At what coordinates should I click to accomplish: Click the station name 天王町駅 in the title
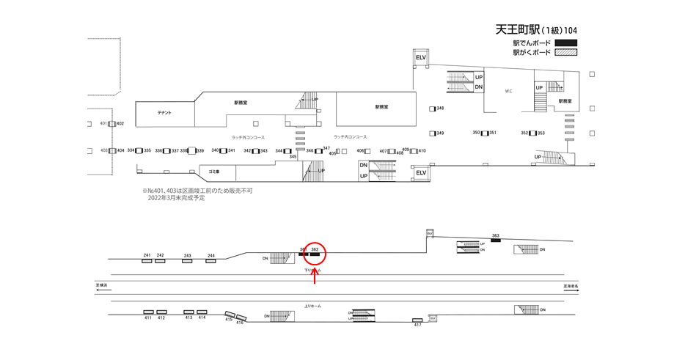point(518,30)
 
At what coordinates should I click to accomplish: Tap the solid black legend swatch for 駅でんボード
point(566,43)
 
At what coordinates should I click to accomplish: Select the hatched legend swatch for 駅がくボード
point(566,53)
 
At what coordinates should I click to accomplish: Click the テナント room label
point(164,113)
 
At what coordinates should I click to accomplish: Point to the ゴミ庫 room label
point(213,171)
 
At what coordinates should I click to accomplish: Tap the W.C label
point(508,92)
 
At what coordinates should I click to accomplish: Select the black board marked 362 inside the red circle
point(315,254)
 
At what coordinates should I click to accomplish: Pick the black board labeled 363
point(496,241)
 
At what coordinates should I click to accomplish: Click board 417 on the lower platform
point(417,320)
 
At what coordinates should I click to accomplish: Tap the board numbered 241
point(147,260)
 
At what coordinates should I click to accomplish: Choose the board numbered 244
point(211,260)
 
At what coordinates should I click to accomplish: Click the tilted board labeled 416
point(241,317)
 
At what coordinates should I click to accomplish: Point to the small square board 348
point(433,109)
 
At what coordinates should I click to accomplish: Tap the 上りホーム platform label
point(312,306)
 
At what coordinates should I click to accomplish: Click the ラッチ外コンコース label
point(248,137)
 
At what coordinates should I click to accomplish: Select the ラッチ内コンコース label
point(350,137)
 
